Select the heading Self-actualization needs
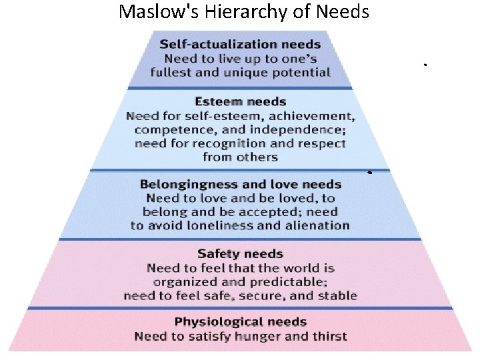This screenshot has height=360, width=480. click(240, 44)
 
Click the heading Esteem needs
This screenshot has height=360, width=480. click(240, 101)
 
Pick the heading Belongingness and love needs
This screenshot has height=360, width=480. click(240, 184)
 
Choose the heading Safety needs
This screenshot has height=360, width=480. click(240, 253)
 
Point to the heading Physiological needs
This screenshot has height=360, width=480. click(240, 322)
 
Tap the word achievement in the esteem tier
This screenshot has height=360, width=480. click(311, 116)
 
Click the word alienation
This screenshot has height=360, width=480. click(317, 225)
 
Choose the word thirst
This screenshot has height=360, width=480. click(327, 336)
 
